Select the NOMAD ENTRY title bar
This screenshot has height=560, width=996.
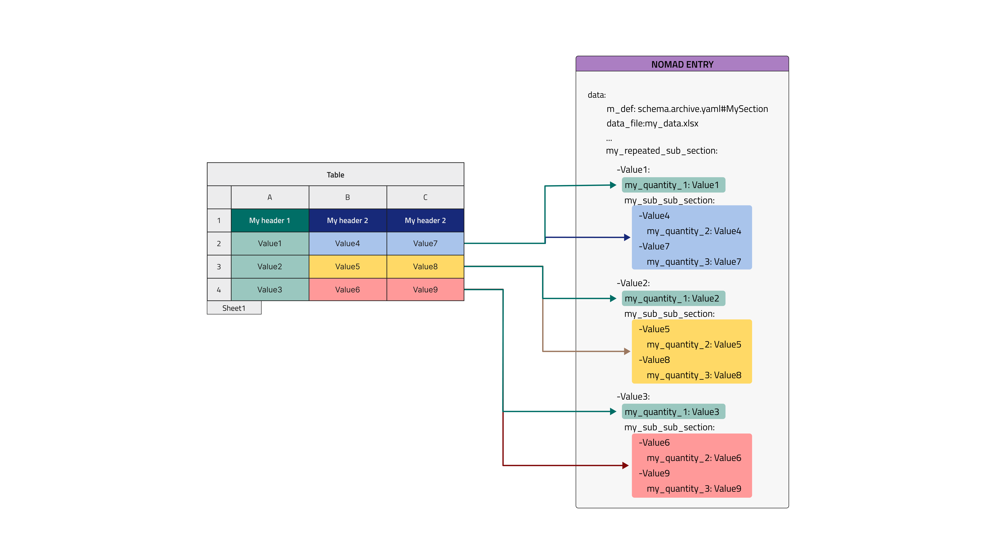click(682, 64)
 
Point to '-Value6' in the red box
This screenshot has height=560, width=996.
click(654, 443)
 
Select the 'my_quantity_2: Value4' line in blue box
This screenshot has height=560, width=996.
click(694, 231)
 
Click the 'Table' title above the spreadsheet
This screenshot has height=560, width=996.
click(335, 175)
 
